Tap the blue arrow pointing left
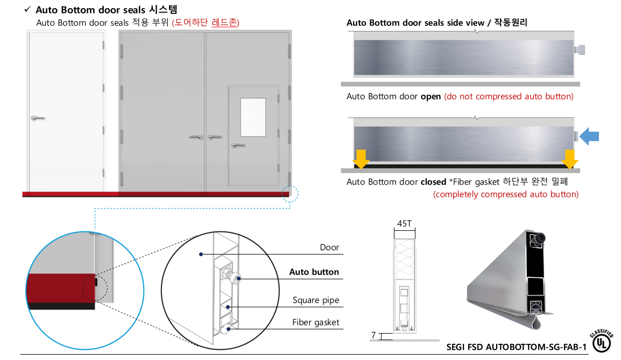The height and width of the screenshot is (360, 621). (x=589, y=136)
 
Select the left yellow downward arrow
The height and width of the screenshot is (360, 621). (x=361, y=159)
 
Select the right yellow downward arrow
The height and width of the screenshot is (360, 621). (x=570, y=159)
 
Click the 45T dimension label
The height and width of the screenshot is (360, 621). (x=404, y=224)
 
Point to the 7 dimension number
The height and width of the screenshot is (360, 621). (x=373, y=335)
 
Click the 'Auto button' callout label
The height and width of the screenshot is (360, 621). (x=314, y=272)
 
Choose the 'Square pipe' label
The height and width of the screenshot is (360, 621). (x=316, y=300)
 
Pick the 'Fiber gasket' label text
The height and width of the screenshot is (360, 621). (x=316, y=322)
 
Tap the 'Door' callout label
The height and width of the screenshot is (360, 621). (x=329, y=248)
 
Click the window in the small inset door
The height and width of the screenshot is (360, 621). (x=253, y=117)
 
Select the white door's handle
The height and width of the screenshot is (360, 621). (x=38, y=118)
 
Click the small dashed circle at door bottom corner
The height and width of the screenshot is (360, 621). (x=290, y=194)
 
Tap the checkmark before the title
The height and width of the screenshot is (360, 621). (x=27, y=9)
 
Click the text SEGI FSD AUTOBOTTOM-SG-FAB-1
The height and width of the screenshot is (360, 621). (x=517, y=347)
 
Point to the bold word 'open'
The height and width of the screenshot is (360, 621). (x=431, y=97)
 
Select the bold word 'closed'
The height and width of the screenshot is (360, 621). (x=433, y=182)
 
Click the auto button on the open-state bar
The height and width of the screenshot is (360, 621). (x=580, y=50)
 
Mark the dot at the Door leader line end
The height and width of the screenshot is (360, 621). (x=201, y=254)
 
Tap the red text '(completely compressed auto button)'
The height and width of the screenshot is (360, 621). (x=506, y=194)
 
